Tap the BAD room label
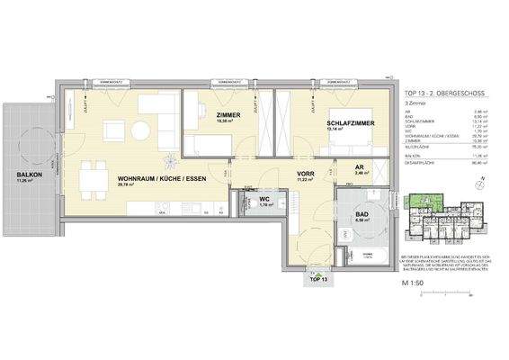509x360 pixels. (363, 212)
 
